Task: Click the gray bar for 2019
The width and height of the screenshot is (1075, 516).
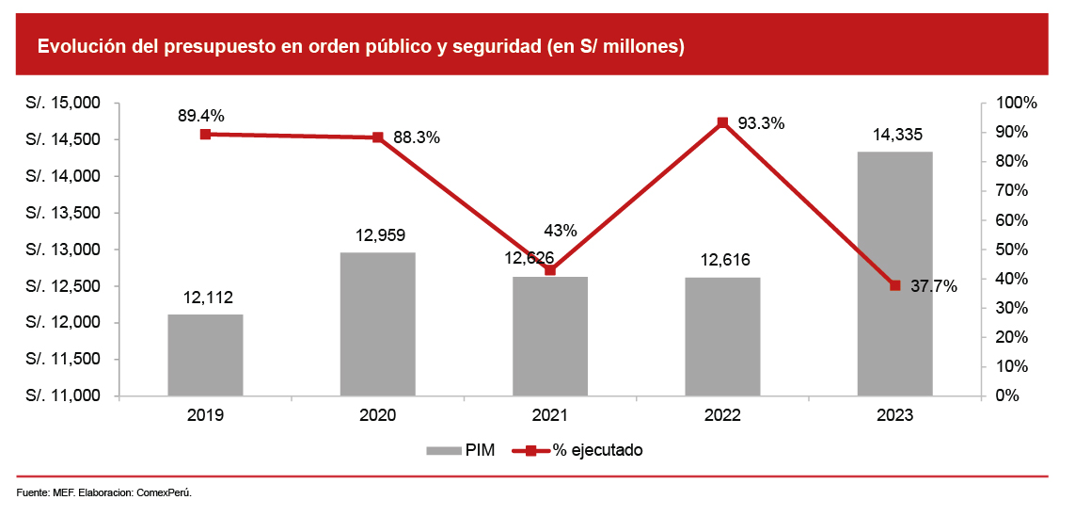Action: tap(205, 354)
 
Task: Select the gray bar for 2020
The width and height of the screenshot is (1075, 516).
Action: tap(377, 324)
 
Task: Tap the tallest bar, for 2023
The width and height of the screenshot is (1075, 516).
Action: tap(894, 273)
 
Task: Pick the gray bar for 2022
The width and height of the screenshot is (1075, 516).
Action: tap(722, 336)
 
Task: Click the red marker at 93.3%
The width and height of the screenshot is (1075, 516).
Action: tap(722, 122)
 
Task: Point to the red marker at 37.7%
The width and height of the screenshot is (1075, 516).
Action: tap(894, 285)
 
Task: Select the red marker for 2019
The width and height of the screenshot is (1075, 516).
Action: tap(205, 134)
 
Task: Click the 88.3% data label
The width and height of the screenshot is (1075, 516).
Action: tap(417, 137)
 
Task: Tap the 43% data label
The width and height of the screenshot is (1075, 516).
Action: tap(561, 231)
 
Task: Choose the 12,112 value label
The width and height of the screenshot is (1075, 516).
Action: tap(207, 298)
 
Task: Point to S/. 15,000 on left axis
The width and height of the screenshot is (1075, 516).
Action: tap(63, 103)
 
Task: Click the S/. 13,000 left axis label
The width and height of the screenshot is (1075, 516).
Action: tap(63, 250)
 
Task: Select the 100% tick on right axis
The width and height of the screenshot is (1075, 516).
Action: tap(1017, 103)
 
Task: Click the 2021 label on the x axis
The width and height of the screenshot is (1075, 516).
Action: tap(550, 415)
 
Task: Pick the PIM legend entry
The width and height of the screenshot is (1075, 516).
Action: tap(461, 450)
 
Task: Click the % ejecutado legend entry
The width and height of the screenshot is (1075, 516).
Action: tap(579, 450)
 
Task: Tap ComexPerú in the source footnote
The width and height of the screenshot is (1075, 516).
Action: tap(165, 492)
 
